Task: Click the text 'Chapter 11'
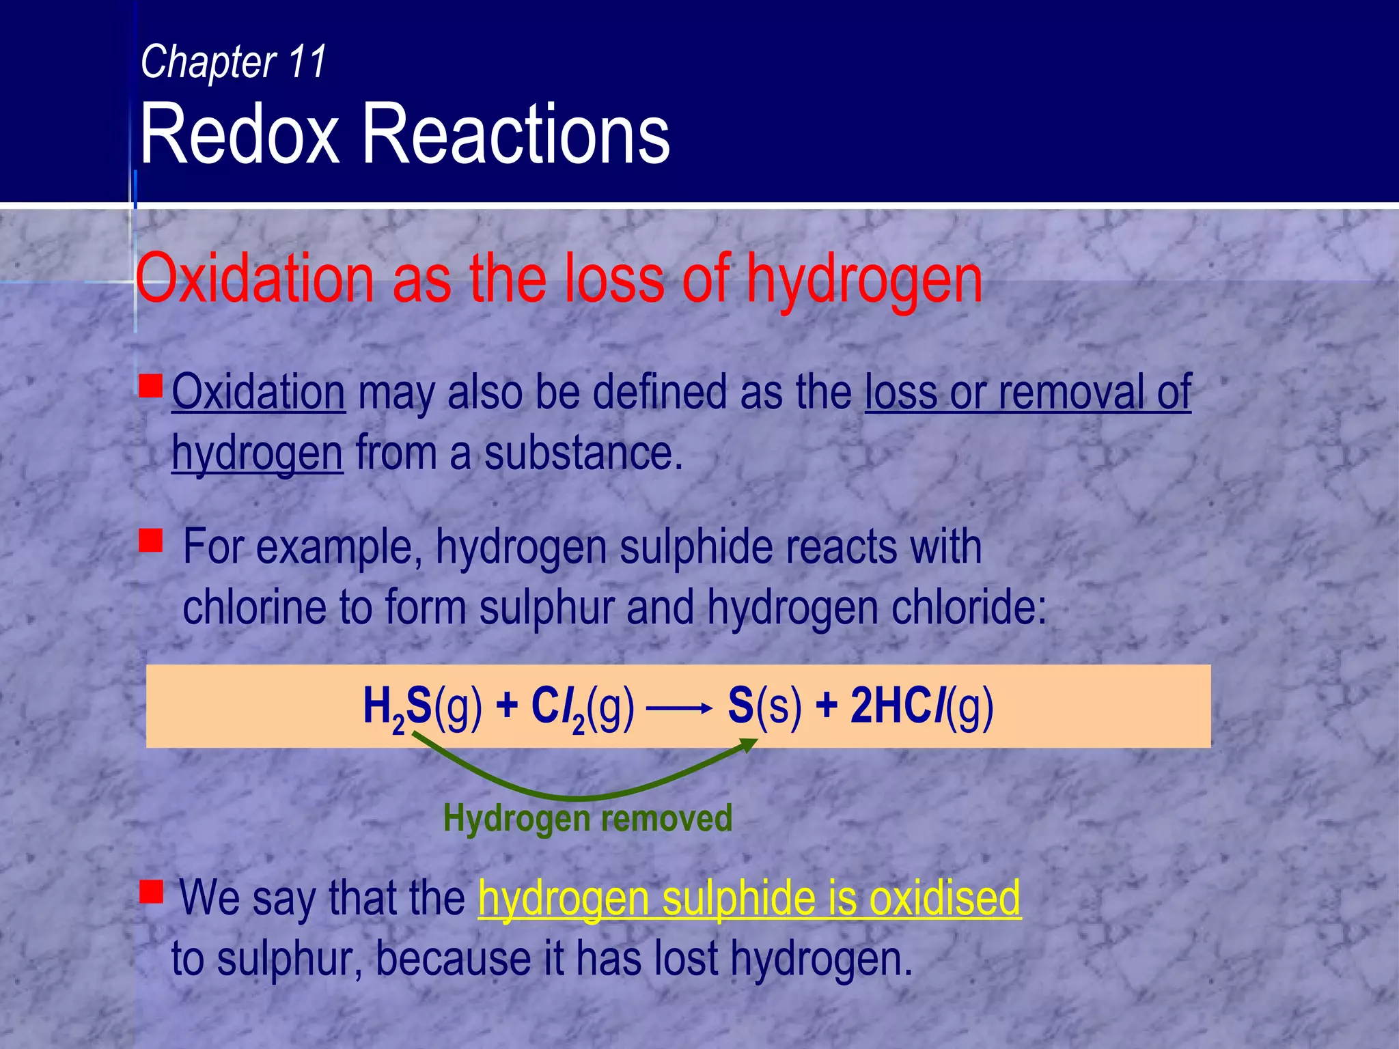coord(233,61)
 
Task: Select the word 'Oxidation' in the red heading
coord(255,279)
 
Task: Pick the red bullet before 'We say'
coord(151,891)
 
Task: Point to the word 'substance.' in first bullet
coord(583,453)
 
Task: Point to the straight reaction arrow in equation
coord(678,709)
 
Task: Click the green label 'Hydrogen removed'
coord(587,817)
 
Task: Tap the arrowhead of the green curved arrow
coord(751,744)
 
